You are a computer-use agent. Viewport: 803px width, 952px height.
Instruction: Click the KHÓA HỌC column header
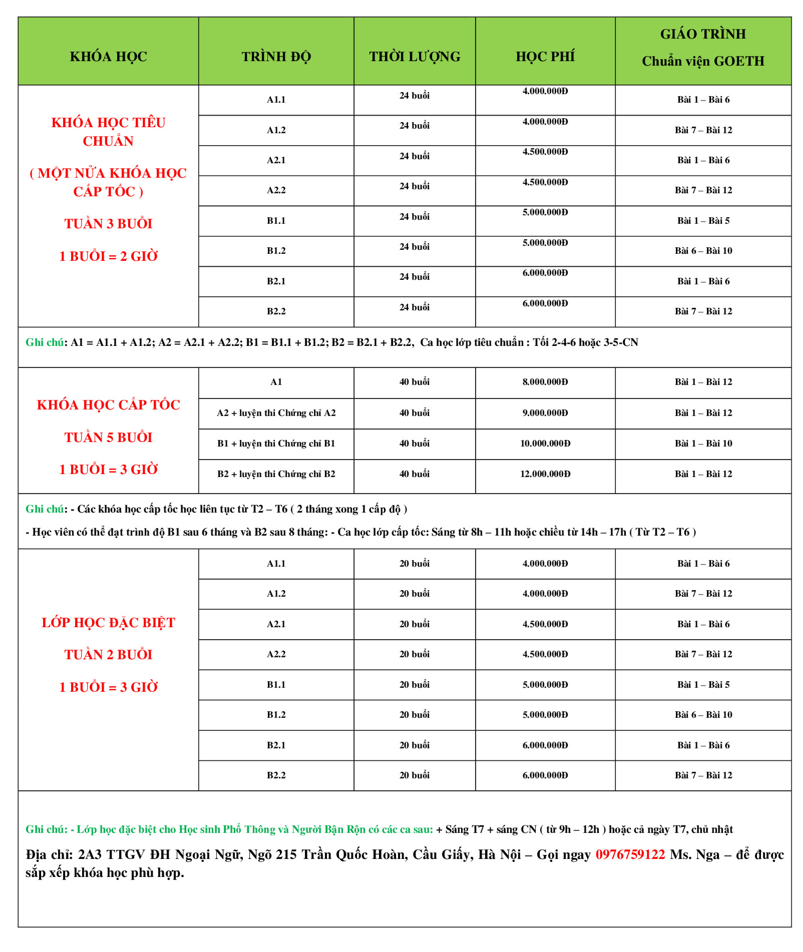[x=108, y=57]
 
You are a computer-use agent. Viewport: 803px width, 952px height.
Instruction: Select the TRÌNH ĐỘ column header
[x=276, y=57]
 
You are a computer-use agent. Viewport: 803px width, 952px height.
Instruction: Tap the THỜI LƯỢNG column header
[x=415, y=57]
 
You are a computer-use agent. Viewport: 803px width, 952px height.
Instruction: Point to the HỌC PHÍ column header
[x=545, y=57]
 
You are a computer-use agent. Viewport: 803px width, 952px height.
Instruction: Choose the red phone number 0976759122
[x=630, y=854]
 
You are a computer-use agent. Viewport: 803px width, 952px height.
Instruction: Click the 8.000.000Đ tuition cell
[x=545, y=382]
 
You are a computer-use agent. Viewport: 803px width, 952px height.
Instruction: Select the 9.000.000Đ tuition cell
[x=545, y=413]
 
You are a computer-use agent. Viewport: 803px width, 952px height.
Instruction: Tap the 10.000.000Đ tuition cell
[x=545, y=443]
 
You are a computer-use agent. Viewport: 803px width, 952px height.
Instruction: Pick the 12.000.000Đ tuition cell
[x=545, y=474]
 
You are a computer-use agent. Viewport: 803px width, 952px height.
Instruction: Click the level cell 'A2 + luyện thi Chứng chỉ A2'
[x=276, y=413]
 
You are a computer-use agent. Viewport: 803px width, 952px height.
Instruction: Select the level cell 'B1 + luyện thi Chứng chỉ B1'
[x=276, y=443]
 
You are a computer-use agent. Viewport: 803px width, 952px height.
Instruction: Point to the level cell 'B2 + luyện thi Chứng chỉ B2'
[x=276, y=474]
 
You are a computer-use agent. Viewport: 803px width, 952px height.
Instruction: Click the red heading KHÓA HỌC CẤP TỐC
[x=108, y=405]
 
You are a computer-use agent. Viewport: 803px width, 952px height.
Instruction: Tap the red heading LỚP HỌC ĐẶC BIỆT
[x=108, y=623]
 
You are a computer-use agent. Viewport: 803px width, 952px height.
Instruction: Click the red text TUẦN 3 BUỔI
[x=108, y=224]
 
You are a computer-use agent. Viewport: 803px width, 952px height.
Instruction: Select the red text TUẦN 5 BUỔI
[x=108, y=437]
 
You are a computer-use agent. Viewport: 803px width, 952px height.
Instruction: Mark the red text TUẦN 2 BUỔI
[x=108, y=655]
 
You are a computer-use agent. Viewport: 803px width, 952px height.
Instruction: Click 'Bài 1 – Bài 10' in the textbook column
[x=703, y=443]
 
